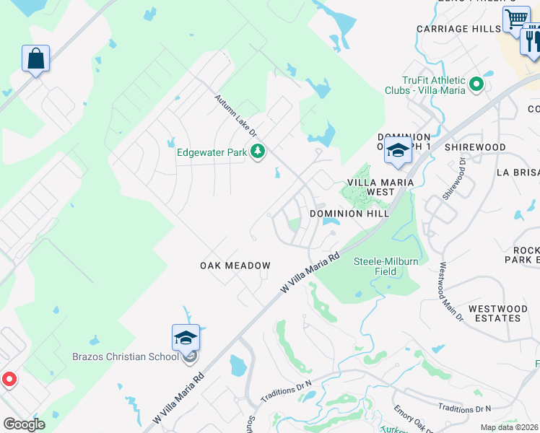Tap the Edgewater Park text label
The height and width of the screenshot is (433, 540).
click(x=213, y=152)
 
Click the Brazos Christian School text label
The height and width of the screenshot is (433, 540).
click(x=126, y=357)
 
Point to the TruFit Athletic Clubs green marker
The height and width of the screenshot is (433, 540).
click(x=476, y=85)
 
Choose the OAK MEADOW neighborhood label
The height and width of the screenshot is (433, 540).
click(x=235, y=266)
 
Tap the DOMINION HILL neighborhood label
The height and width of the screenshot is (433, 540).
click(x=349, y=214)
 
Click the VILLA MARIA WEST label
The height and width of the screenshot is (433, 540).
click(x=380, y=187)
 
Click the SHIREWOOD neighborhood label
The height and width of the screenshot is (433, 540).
click(x=475, y=147)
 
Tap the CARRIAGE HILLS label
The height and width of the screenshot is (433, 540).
click(x=458, y=29)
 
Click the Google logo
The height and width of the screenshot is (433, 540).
click(x=24, y=424)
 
